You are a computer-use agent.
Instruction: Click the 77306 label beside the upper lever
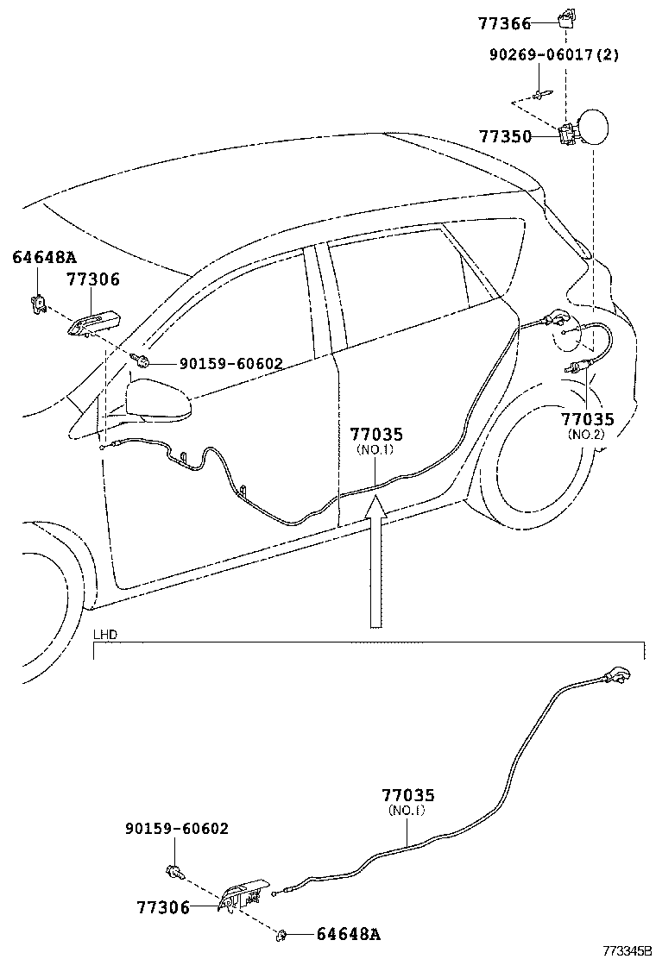pos(93,279)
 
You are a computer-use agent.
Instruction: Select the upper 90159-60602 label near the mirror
pos(230,364)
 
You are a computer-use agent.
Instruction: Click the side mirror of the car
pos(158,402)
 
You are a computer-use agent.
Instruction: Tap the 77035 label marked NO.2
pos(588,420)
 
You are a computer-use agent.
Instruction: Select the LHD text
pos(105,636)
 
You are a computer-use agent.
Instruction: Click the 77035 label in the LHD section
pos(408,795)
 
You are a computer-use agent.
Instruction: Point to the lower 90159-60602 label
pos(177,829)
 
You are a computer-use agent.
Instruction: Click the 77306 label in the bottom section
pos(162,907)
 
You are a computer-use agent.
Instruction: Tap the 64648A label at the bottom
pos(348,934)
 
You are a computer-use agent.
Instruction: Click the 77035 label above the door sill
pos(376,436)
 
